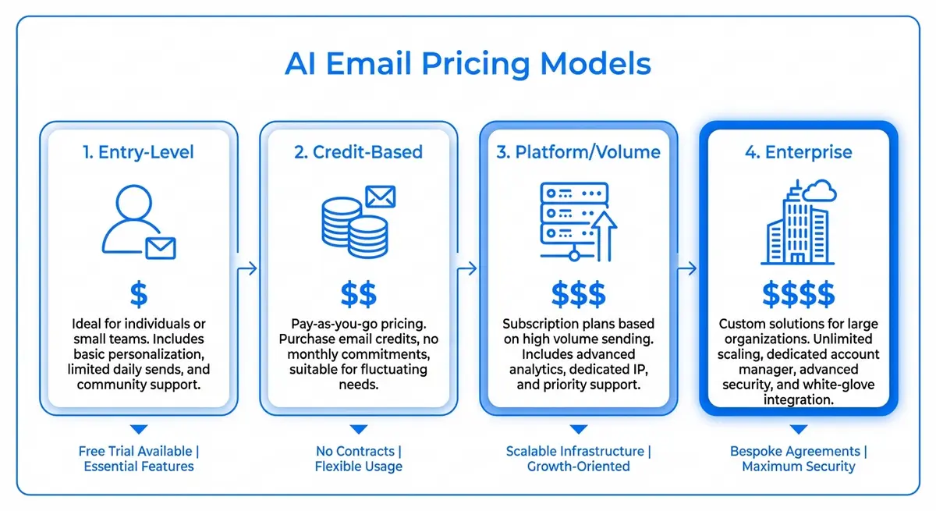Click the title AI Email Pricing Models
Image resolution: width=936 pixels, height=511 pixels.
pos(467,64)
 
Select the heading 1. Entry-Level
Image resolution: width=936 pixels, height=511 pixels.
pos(138,152)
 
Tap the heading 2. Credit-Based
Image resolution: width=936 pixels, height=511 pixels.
pos(358,152)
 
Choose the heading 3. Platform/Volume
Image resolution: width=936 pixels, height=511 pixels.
pos(578,152)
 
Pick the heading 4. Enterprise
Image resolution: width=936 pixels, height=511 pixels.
pos(798,152)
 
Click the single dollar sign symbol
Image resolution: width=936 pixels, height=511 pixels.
pos(138,295)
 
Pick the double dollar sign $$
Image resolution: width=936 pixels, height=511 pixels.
pos(358,295)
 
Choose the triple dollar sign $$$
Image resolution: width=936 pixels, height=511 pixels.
pos(578,295)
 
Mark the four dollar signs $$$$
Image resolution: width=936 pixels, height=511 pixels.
pos(798,295)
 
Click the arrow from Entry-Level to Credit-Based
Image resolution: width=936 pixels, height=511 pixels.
pos(248,269)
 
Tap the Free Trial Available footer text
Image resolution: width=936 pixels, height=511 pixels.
pos(138,451)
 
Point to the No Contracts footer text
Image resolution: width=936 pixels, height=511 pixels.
pos(358,451)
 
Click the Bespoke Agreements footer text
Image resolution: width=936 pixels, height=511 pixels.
pos(798,451)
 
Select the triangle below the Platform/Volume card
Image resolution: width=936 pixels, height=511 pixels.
pos(578,429)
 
